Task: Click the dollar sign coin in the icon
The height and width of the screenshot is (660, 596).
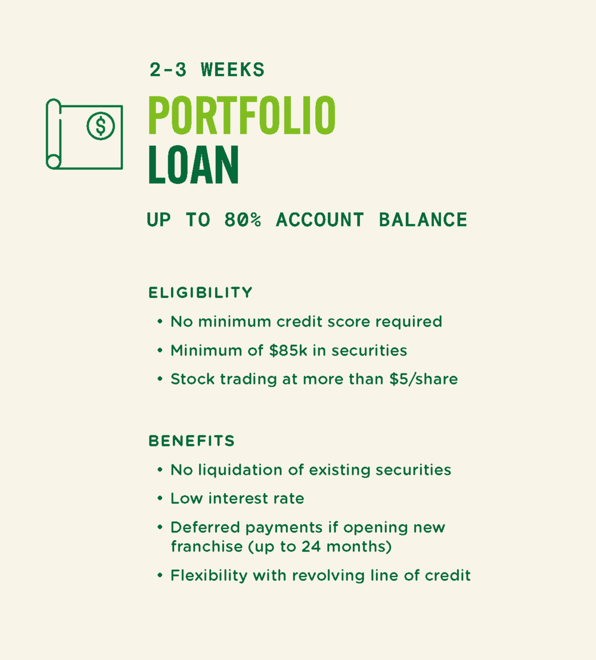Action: [x=101, y=126]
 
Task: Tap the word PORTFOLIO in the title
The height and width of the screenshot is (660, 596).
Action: [x=242, y=116]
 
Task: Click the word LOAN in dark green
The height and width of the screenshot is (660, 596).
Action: [x=194, y=164]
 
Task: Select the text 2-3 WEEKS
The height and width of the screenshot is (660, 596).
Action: [x=207, y=70]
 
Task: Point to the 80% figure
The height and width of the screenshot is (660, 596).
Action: [x=243, y=220]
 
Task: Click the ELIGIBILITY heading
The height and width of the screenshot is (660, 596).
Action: [x=200, y=292]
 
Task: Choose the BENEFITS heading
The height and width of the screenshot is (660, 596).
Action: [x=192, y=441]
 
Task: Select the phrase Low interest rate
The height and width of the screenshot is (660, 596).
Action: [x=237, y=499]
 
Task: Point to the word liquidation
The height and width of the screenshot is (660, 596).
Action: [x=240, y=470]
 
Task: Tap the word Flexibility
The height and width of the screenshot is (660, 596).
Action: [x=209, y=575]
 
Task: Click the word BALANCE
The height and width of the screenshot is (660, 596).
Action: [x=423, y=220]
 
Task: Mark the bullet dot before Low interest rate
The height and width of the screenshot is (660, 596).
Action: [x=160, y=499]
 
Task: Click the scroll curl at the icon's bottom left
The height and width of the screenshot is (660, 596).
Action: [x=54, y=161]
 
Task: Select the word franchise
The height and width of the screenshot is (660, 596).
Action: [x=207, y=546]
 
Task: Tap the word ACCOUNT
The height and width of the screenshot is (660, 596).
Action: [x=319, y=220]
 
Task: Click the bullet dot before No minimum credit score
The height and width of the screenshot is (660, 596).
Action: [x=160, y=322]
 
